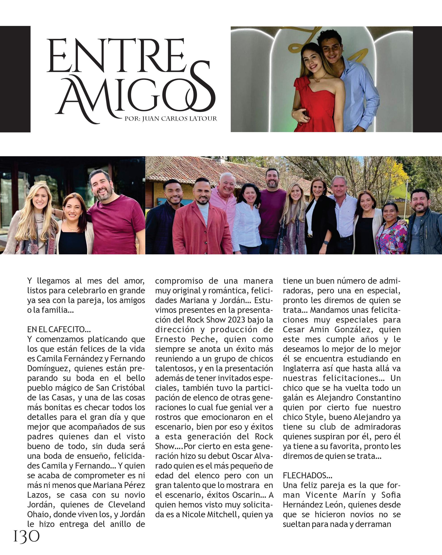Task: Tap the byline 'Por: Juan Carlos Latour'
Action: coord(171,119)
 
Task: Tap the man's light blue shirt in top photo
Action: coord(363,95)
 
